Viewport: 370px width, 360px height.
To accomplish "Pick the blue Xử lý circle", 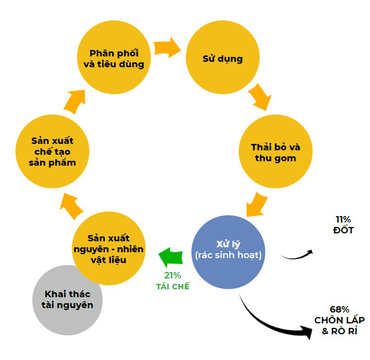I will click(x=228, y=250).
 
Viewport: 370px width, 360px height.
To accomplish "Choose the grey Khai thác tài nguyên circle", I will click(x=67, y=299).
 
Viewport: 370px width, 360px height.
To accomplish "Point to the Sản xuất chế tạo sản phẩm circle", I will click(x=52, y=151).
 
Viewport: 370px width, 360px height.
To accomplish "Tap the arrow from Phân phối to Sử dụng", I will click(x=167, y=47).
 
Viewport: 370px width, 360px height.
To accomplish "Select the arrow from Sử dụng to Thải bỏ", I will click(x=260, y=96).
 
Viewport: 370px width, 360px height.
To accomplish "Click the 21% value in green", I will click(x=173, y=276).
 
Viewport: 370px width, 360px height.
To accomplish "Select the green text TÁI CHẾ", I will click(x=173, y=286).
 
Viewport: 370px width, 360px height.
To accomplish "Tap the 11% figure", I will click(x=343, y=220).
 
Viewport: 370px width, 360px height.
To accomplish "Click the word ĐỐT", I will click(x=343, y=230).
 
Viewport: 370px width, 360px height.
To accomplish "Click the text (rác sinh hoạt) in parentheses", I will click(x=228, y=256).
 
